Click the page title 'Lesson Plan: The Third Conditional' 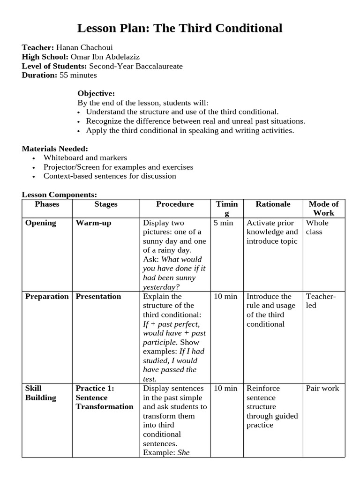[180, 29]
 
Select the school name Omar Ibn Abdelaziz [105, 57]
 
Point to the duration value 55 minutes [78, 75]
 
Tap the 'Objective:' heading [96, 93]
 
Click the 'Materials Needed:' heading [55, 149]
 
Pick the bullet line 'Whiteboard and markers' [85, 158]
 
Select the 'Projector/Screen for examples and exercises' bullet [118, 167]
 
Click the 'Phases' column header [47, 204]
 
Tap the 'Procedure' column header [175, 204]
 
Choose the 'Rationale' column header [273, 204]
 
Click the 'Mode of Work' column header [323, 209]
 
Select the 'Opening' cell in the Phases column [41, 223]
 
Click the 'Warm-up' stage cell [94, 223]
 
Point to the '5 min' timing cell [224, 223]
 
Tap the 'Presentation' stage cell [98, 297]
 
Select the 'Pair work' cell [322, 389]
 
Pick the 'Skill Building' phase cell [40, 393]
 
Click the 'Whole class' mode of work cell [317, 227]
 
